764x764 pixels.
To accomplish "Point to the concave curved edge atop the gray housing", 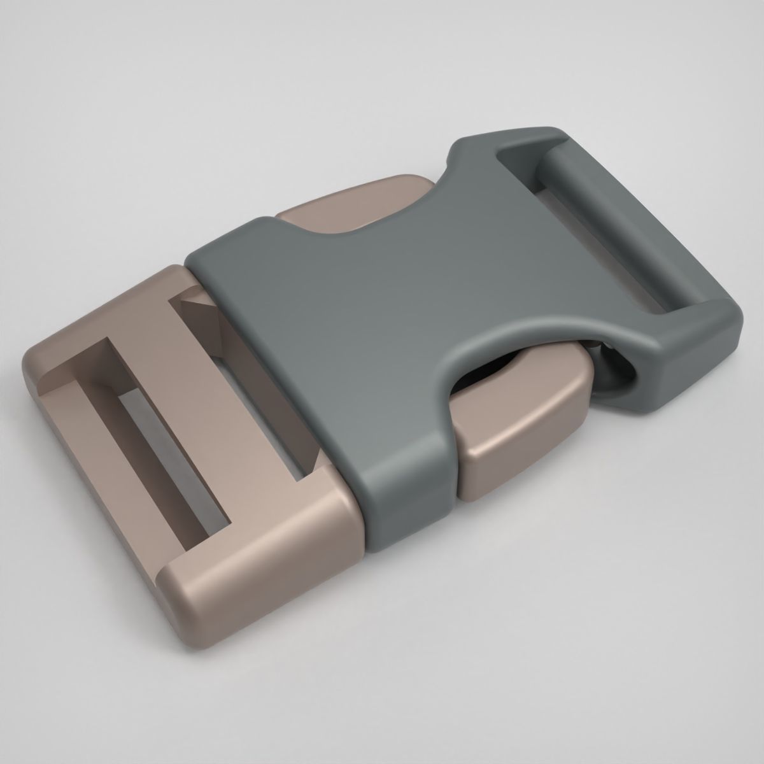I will tap(357, 229).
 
